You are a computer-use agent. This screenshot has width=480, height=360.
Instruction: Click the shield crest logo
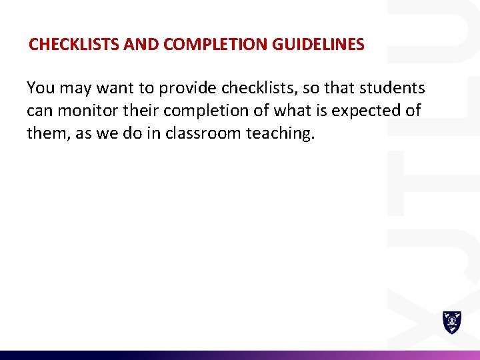(x=452, y=322)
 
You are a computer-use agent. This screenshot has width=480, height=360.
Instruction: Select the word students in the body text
(x=393, y=88)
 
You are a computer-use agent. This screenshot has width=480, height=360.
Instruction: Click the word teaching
(x=279, y=133)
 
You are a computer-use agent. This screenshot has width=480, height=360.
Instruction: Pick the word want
(x=117, y=89)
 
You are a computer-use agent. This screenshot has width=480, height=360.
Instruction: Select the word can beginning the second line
(x=39, y=111)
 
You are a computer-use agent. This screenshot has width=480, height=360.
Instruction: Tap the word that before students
(x=339, y=88)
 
